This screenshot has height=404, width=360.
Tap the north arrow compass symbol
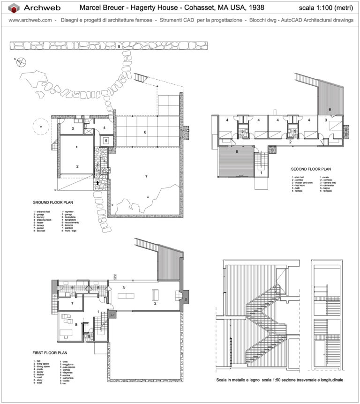[x=21, y=60]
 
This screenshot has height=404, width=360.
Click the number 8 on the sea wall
[x=119, y=46]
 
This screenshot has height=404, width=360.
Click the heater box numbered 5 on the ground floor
[x=106, y=140]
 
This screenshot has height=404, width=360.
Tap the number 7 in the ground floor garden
[x=146, y=176]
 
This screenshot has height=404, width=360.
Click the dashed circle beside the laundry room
[x=41, y=127]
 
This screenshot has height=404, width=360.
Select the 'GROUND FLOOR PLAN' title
[x=52, y=203]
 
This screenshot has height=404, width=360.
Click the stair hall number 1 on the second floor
[x=261, y=172]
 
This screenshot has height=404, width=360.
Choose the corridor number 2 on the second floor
[x=291, y=142]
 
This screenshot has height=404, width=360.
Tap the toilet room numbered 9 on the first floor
[x=89, y=336]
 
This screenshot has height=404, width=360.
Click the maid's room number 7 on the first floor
[x=72, y=304]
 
